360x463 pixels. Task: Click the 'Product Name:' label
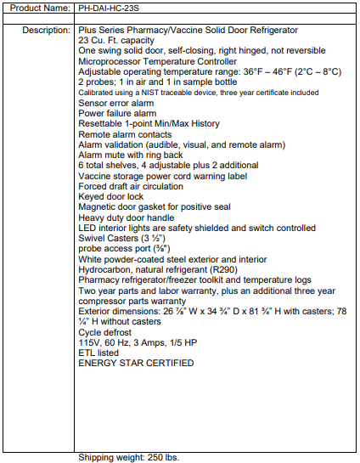coord(38,8)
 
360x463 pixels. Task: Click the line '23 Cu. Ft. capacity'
coord(117,40)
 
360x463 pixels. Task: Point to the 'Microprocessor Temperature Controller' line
coord(157,61)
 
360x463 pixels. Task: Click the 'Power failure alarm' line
coord(117,113)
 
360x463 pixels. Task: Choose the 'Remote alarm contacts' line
coord(125,134)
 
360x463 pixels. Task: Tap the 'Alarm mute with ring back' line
coord(132,155)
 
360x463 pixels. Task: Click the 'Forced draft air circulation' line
coord(131,186)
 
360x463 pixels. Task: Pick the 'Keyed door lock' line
coord(110,196)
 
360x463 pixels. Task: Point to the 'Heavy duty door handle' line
coord(126,217)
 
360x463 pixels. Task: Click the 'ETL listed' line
coord(98,353)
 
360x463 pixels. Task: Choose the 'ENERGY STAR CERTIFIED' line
coord(136,363)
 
